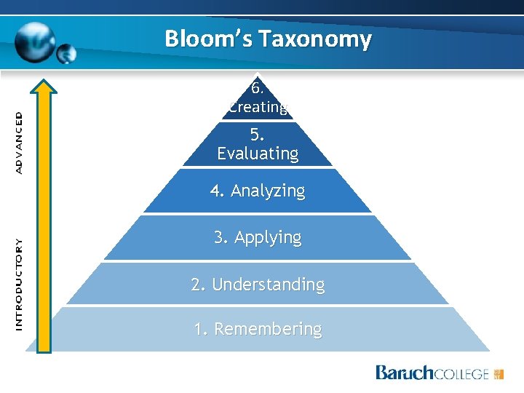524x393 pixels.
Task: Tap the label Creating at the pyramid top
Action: click(x=258, y=107)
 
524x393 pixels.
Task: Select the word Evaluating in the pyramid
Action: click(x=258, y=154)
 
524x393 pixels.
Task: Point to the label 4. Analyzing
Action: click(x=258, y=191)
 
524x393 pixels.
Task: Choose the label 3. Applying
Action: click(x=258, y=237)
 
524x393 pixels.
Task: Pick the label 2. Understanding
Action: click(x=258, y=284)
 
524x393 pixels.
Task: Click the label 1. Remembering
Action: click(x=258, y=329)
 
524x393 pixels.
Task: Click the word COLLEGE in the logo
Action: click(x=461, y=374)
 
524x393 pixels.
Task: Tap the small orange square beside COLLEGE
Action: click(x=499, y=374)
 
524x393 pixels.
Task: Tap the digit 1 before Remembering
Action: click(x=199, y=329)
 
